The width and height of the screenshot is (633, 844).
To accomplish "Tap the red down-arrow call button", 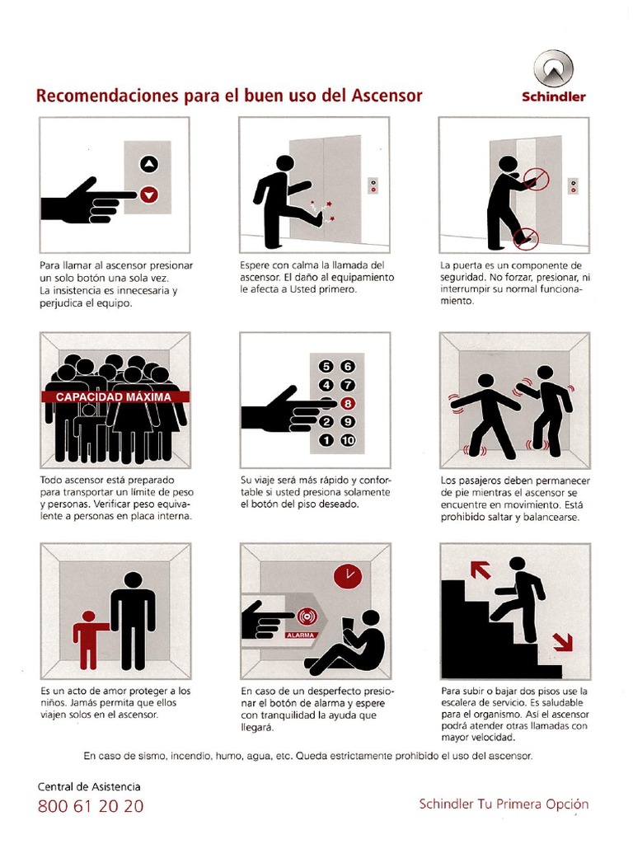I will [148, 195].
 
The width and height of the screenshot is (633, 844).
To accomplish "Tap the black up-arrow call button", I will [148, 164].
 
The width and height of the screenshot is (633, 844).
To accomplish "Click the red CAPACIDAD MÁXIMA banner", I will [114, 396].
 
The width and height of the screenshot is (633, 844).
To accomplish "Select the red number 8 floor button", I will [347, 403].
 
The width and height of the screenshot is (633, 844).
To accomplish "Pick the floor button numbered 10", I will [347, 440].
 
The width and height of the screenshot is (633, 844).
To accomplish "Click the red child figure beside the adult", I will [88, 639].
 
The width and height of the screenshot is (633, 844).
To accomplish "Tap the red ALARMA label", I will [302, 635].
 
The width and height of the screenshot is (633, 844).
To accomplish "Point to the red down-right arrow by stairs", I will [563, 641].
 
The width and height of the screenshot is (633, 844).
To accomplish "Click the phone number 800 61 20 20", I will [91, 806].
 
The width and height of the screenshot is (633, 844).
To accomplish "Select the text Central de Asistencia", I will [89, 787].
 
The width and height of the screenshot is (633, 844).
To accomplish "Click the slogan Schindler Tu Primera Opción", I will [504, 804].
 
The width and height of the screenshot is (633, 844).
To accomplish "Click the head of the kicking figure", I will [284, 163].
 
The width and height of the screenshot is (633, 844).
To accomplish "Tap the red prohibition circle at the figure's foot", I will [523, 239].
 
